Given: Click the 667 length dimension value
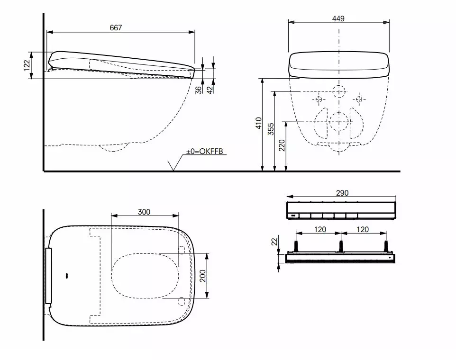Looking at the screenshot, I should [x=116, y=28].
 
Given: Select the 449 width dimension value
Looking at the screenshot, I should [x=338, y=18].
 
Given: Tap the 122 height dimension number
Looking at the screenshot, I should [x=27, y=65].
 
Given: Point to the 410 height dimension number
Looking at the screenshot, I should [x=258, y=123].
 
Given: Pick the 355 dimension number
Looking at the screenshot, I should [x=271, y=129].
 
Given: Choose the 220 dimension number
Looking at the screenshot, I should [x=282, y=145].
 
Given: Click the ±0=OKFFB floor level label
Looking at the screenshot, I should [x=205, y=151].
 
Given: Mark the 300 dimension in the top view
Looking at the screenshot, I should [x=144, y=212].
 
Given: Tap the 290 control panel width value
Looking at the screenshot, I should [x=342, y=193].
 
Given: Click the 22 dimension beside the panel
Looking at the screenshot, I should [x=274, y=242].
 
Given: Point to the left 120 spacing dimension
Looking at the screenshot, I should [x=318, y=229].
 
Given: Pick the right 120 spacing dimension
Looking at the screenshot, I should [x=363, y=229].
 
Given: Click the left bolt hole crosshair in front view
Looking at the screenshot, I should [x=319, y=99].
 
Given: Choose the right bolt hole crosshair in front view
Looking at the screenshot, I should [x=359, y=99].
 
